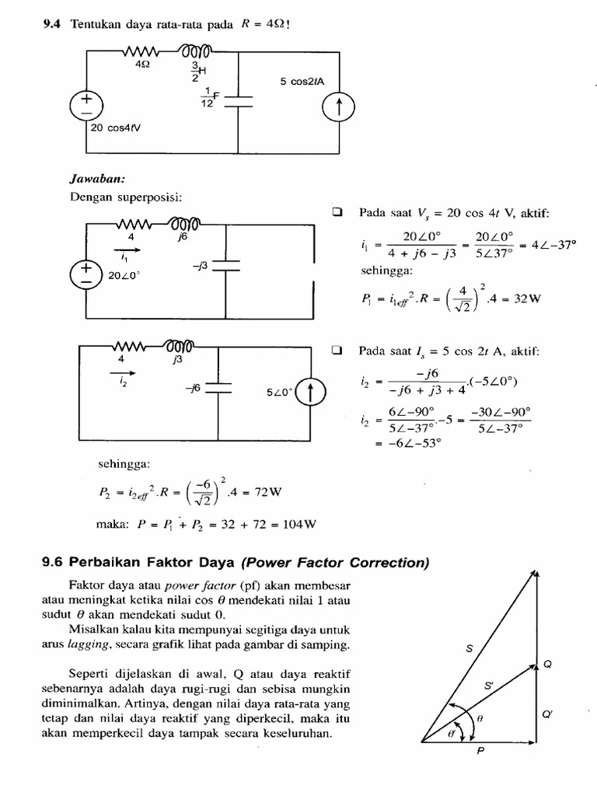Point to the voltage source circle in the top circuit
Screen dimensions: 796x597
point(86,103)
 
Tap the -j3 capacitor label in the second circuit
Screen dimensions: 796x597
point(200,266)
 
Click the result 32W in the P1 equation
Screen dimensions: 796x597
point(524,298)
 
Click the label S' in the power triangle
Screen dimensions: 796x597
point(488,686)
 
